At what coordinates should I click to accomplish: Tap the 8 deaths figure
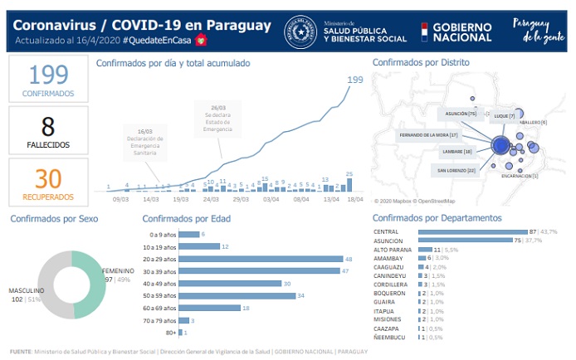[x=48, y=126]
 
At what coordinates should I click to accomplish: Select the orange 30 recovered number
[x=48, y=178]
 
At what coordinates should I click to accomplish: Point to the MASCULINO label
[x=27, y=291]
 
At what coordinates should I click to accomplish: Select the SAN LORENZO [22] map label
[x=455, y=169]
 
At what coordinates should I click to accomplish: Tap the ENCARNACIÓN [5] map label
[x=520, y=176]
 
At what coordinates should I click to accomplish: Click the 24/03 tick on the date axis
[x=211, y=199]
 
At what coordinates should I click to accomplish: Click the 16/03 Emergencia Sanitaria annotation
[x=146, y=142]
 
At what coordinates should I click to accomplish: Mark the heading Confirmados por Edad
[x=186, y=218]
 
